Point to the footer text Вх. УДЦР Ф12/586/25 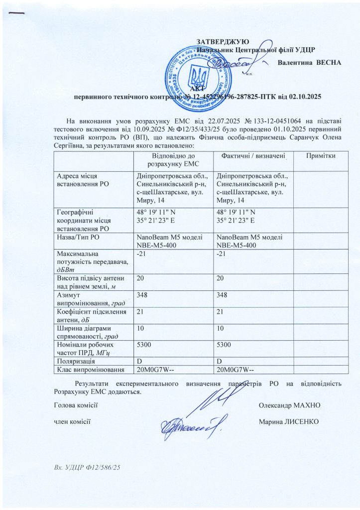(88, 468)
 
